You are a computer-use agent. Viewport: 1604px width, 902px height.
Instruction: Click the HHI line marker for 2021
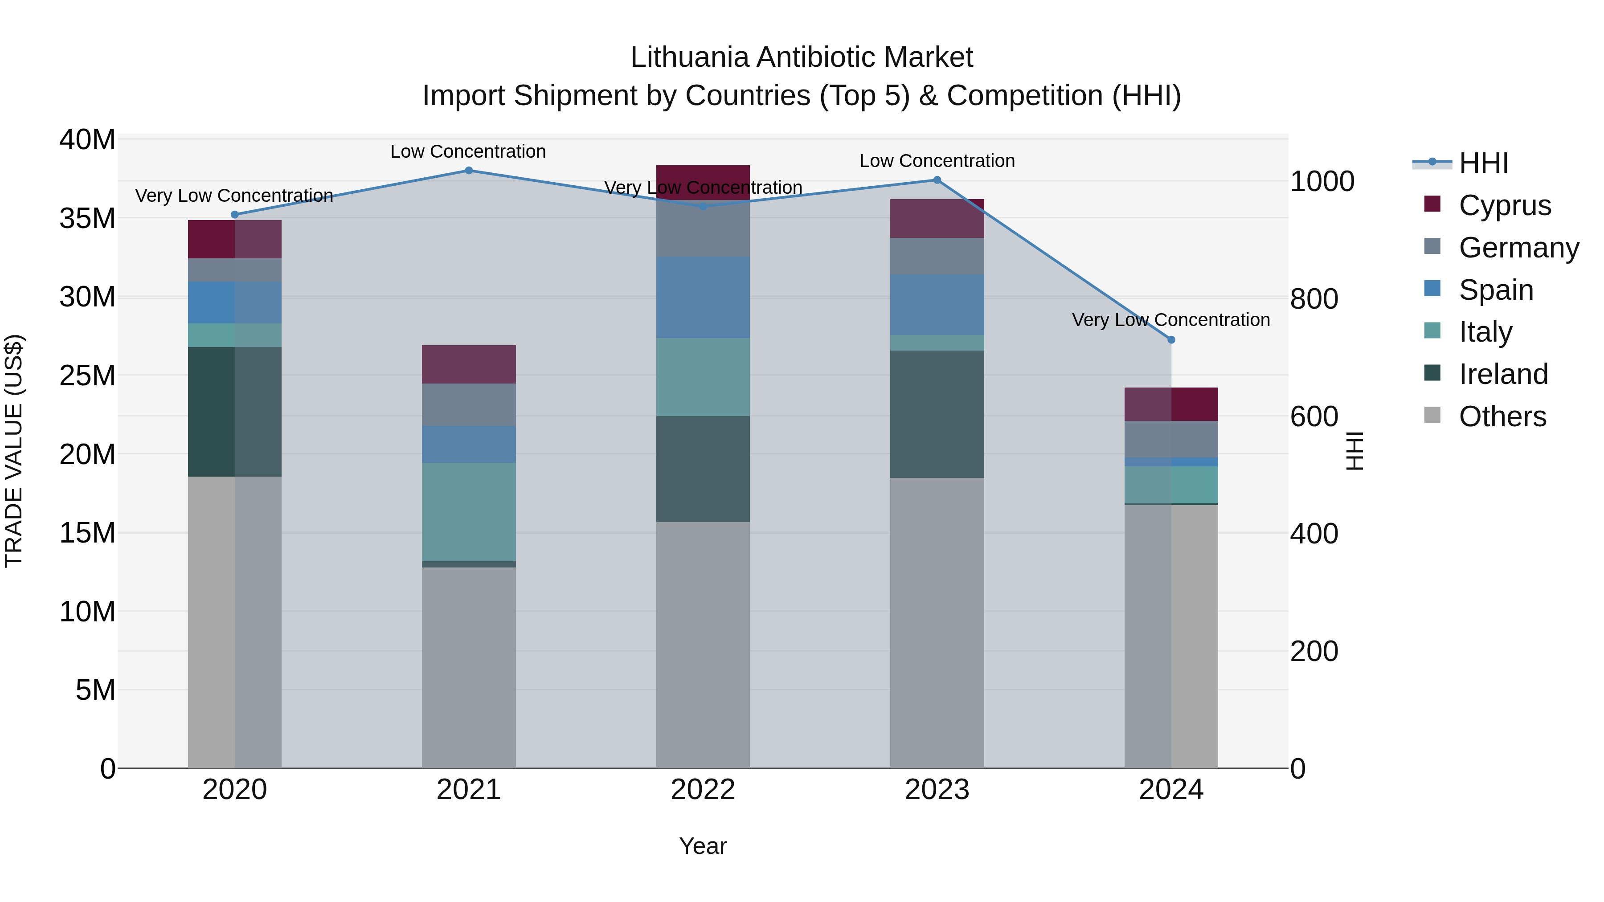(469, 171)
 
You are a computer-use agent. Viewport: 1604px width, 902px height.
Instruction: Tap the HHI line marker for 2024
(1171, 340)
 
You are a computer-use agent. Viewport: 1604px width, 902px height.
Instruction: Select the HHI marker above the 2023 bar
(937, 180)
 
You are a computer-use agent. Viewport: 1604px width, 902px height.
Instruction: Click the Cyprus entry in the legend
(1504, 205)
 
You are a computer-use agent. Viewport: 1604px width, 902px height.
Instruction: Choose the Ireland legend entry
(1503, 374)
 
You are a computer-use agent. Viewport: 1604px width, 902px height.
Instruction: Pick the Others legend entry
(1502, 416)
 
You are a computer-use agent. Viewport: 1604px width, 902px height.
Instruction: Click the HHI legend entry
(1483, 163)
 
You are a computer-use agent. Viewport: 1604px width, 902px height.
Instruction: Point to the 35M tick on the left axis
(88, 219)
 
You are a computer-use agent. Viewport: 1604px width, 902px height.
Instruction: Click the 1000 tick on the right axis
(1322, 182)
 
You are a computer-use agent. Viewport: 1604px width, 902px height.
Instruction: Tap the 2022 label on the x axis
(703, 790)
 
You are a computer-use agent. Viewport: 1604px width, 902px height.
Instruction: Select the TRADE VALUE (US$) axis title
(14, 451)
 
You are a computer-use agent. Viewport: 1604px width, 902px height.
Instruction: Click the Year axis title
(703, 846)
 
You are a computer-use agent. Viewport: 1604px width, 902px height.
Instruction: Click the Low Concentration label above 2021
(468, 151)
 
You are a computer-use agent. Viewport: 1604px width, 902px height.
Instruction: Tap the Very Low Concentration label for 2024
(1170, 320)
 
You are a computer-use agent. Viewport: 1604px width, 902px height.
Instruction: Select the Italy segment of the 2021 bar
(469, 512)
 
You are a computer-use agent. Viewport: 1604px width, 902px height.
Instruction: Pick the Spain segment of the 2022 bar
(703, 298)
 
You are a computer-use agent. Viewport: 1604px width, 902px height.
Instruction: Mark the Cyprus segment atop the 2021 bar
(469, 364)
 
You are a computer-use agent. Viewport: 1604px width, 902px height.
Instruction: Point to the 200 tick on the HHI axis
(1314, 652)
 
